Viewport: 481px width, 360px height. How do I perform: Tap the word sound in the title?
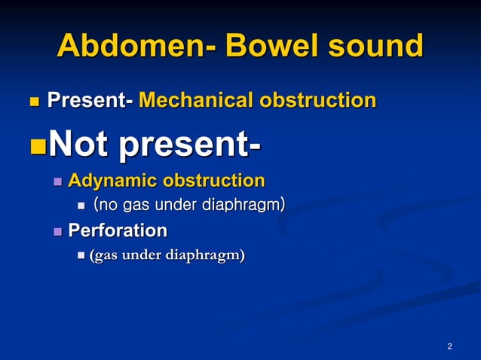click(x=373, y=46)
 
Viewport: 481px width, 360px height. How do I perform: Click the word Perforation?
click(x=118, y=230)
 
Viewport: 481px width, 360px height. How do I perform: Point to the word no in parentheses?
click(x=109, y=205)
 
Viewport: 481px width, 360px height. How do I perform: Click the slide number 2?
click(x=449, y=346)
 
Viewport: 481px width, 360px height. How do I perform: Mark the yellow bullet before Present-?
click(x=32, y=101)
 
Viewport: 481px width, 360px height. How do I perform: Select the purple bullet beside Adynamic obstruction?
click(x=58, y=182)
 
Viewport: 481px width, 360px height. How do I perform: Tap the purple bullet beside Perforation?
click(x=58, y=230)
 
